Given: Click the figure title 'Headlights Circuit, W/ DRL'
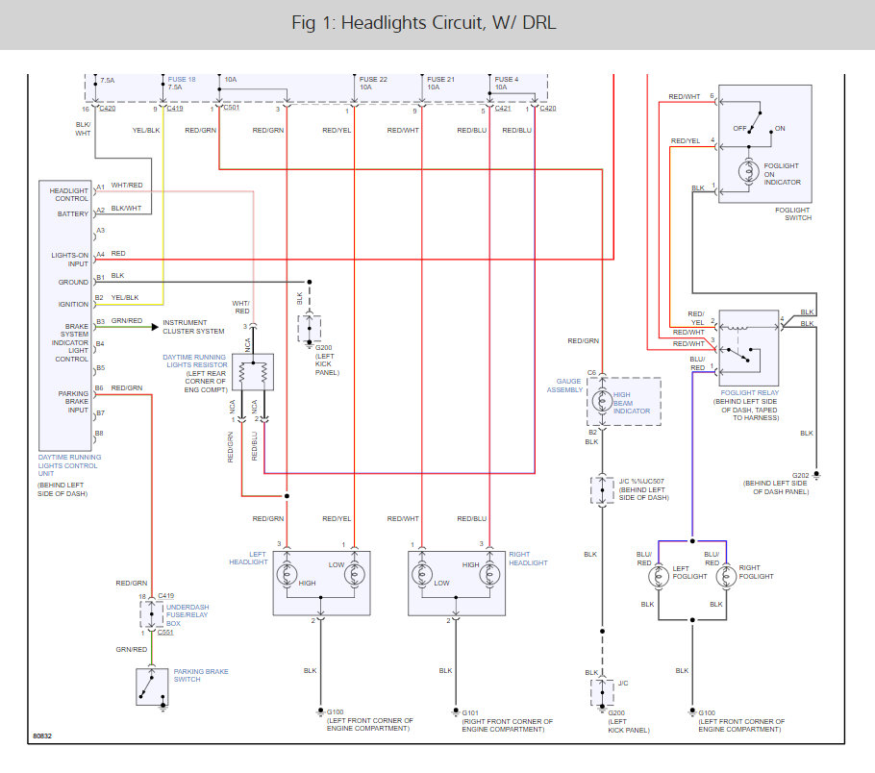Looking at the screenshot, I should coord(437,23).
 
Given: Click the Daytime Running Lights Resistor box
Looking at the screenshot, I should coord(254,372).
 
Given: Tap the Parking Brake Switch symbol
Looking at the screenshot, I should coord(152,686).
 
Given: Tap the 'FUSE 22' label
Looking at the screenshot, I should coord(373,79).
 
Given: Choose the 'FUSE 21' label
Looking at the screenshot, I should coord(440,79).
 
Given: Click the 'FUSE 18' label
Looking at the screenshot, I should coord(182,79).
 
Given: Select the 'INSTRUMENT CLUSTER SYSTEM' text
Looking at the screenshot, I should coord(193,327).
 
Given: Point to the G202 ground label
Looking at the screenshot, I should coord(801,476).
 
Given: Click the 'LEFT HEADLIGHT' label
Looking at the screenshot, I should coord(252,558).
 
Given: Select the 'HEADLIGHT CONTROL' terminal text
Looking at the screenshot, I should coord(70,194).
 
